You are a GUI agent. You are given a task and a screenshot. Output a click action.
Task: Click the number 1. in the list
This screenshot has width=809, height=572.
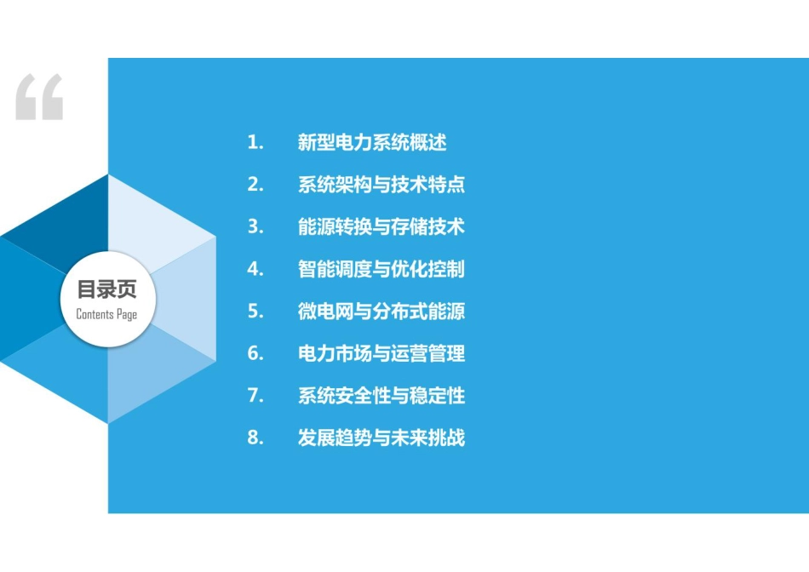pos(255,142)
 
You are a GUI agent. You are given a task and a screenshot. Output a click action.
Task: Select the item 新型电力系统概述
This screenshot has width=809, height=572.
pos(372,142)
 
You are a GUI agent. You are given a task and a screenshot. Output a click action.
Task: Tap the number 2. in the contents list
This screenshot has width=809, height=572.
pos(255,185)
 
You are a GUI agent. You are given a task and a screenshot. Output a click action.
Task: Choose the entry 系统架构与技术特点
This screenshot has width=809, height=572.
pos(382,185)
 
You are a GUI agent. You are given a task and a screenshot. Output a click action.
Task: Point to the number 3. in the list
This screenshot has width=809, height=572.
pos(255,227)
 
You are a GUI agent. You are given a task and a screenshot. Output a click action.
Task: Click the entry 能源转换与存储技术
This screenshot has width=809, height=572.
pos(382,227)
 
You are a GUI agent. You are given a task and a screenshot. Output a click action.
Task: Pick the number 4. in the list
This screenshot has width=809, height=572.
pos(255,269)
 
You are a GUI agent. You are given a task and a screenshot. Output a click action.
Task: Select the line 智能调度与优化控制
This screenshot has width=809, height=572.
pos(382,269)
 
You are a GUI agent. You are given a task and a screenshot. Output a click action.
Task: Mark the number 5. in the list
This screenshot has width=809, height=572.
pos(255,312)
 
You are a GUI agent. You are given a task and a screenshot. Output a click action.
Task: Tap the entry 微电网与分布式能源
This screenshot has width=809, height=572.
pos(382,312)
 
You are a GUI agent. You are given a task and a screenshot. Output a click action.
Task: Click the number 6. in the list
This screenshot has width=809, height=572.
pos(255,353)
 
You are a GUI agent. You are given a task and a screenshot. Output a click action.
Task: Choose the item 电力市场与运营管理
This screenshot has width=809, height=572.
pos(382,354)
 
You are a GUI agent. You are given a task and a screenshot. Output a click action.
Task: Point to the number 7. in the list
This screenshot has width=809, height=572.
pos(255,396)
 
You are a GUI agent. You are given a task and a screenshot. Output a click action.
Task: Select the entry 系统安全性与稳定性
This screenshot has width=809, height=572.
pos(382,396)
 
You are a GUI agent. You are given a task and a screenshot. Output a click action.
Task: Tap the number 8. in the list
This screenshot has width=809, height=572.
pos(255,438)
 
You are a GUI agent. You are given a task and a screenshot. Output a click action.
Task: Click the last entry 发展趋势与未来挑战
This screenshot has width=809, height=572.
pos(382,438)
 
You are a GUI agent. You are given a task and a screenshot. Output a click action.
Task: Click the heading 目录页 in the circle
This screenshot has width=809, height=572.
pos(106,289)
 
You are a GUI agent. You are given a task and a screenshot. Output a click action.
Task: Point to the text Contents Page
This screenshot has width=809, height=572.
pos(106,314)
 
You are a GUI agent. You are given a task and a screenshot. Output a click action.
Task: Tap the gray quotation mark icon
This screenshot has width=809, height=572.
pos(39,97)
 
